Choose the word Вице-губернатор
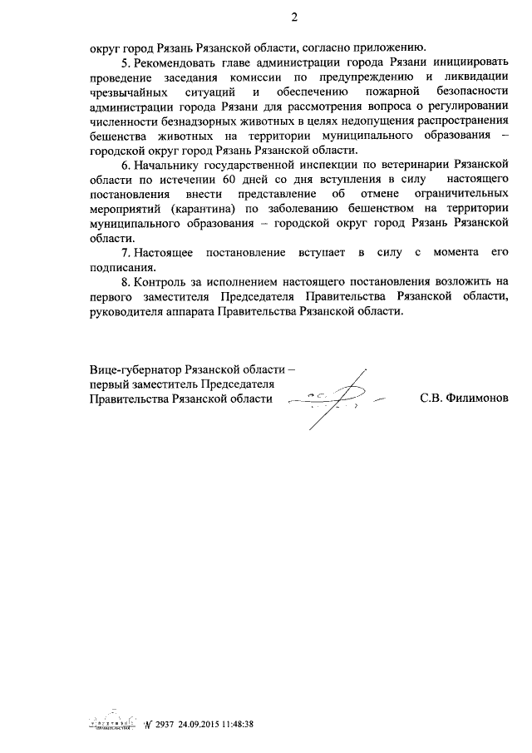click(138, 369)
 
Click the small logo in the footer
click(114, 724)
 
